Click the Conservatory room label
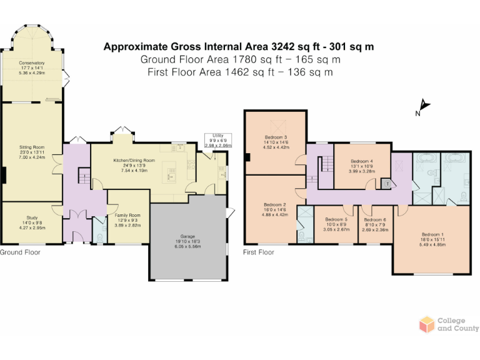[x=32, y=66]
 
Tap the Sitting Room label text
[x=32, y=150]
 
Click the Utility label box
[x=217, y=140]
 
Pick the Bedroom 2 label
[x=275, y=208]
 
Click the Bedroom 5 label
[x=336, y=223]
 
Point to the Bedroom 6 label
[x=376, y=223]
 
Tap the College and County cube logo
[x=426, y=324]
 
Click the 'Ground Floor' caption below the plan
[x=20, y=252]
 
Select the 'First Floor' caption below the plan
[x=259, y=252]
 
